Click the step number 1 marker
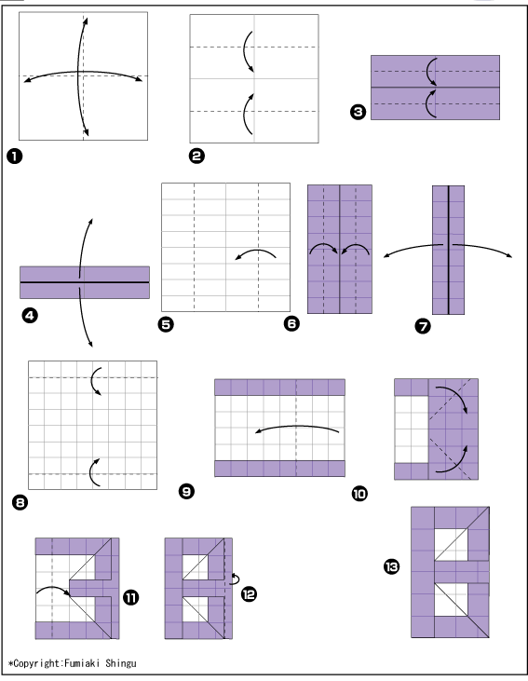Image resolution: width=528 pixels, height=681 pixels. (x=14, y=157)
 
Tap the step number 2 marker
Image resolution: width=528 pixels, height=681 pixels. (x=196, y=156)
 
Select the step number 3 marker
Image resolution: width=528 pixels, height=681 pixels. (x=358, y=112)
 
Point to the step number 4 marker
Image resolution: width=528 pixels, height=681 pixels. (x=30, y=315)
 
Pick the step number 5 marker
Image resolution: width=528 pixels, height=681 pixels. (x=166, y=324)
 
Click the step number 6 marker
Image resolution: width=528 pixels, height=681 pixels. (x=291, y=323)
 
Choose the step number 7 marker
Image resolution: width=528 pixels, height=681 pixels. (x=423, y=326)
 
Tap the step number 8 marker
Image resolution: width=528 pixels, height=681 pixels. (x=20, y=503)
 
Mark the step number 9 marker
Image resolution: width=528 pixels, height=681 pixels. (x=187, y=491)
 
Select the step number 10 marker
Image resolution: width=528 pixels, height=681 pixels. (x=359, y=494)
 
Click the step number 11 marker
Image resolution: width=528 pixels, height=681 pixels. (x=130, y=597)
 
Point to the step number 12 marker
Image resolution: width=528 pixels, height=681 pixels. (x=249, y=593)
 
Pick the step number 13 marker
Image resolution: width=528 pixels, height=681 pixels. (x=391, y=566)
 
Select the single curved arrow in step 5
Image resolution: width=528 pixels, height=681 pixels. (x=256, y=251)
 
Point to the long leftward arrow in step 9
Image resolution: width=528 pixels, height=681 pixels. (x=297, y=427)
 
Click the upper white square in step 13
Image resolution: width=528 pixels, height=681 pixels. (x=451, y=544)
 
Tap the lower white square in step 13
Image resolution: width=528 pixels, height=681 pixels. (x=451, y=599)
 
